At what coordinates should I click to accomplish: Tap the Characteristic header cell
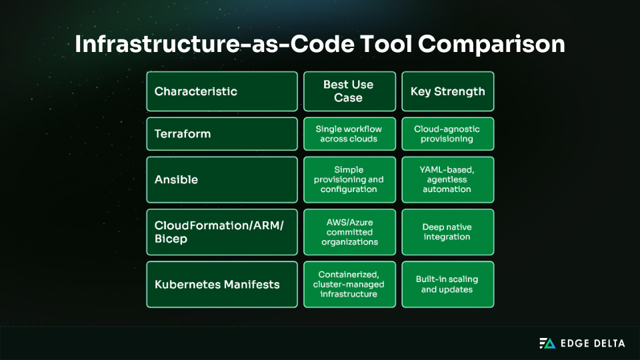[222, 91]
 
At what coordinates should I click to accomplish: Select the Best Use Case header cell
[349, 91]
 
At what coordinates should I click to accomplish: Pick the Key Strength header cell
[447, 91]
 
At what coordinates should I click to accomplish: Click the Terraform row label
[222, 134]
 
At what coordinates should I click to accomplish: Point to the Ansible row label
[222, 180]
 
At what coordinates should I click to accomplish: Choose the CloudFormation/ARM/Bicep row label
[222, 232]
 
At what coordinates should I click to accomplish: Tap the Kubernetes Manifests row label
[222, 284]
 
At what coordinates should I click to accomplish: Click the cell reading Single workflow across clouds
[349, 134]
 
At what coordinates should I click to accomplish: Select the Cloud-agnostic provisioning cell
[447, 134]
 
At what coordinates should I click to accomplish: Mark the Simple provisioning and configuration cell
[349, 180]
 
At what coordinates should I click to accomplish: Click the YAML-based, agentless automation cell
[447, 180]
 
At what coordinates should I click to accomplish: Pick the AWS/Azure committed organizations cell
[349, 232]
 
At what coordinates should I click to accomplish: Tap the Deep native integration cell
[447, 232]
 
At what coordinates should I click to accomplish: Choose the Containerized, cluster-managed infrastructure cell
[349, 284]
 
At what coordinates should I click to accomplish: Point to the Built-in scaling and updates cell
[447, 284]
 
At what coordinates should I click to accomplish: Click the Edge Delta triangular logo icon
[547, 343]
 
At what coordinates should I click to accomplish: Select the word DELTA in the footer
[608, 343]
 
